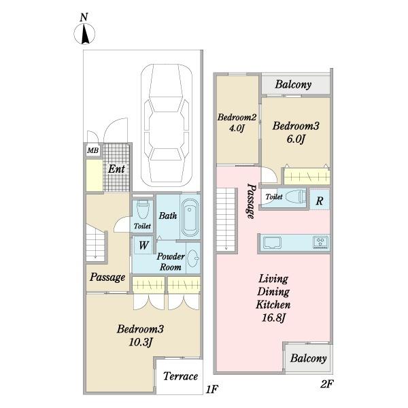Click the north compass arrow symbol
84,34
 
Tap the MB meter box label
93,150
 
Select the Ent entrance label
116,169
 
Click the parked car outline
167,125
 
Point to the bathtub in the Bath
190,218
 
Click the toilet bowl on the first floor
142,209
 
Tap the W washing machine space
143,245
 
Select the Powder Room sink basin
193,258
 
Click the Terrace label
180,376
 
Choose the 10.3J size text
140,342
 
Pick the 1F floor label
211,390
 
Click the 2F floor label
326,384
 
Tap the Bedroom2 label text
237,118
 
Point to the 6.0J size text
296,139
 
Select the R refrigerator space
320,201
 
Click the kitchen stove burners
321,242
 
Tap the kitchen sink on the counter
272,243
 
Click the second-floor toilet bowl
295,197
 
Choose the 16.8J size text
273,318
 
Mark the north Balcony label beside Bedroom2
293,84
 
